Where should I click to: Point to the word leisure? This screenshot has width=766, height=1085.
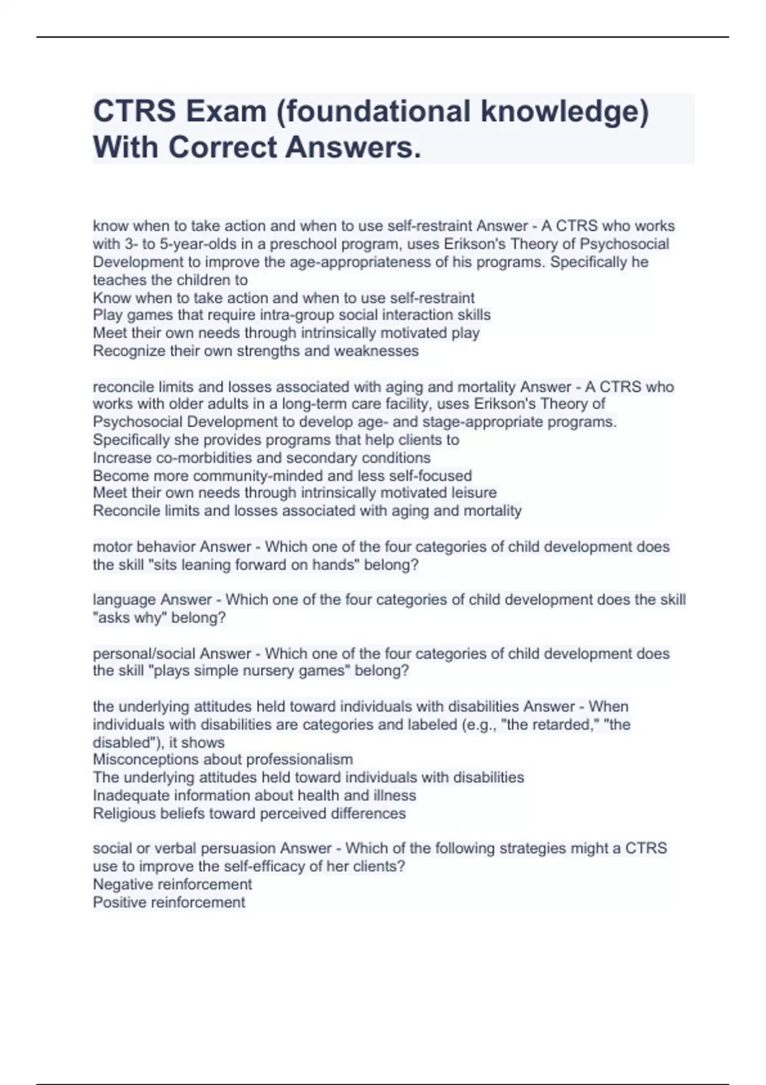click(473, 493)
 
